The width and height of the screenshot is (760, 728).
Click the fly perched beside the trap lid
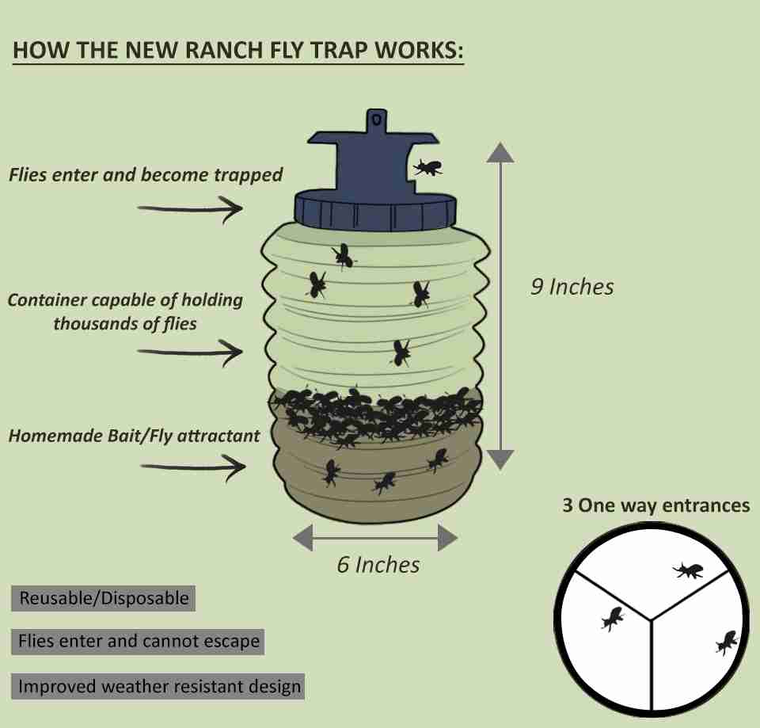click(x=427, y=167)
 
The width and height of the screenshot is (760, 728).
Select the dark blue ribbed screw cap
click(x=375, y=210)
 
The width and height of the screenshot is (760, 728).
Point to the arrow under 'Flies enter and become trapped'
click(x=190, y=209)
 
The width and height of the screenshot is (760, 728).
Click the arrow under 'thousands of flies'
click(x=190, y=349)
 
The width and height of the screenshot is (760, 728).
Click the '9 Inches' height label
click(x=572, y=286)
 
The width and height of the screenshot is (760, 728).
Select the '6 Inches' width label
click(x=378, y=565)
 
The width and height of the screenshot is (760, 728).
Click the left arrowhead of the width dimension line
click(x=303, y=539)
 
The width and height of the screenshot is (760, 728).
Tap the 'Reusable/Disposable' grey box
click(x=104, y=598)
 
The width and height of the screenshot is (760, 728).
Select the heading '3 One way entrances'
click(x=655, y=505)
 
